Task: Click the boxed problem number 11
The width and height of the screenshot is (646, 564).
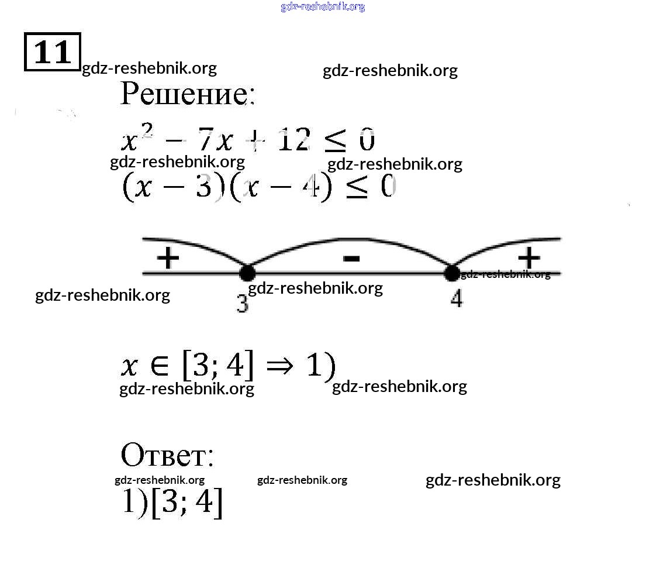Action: [52, 52]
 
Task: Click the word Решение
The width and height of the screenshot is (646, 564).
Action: [188, 94]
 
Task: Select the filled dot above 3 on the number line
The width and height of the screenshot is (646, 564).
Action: [247, 273]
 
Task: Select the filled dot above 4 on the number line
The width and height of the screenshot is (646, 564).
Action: [452, 273]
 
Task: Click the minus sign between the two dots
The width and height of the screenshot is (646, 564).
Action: [351, 259]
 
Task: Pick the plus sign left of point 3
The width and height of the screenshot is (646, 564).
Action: [168, 258]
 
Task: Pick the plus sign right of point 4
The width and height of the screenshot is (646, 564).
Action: [529, 258]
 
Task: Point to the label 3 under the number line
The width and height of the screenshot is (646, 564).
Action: [243, 304]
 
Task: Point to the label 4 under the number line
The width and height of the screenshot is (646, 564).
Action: [457, 298]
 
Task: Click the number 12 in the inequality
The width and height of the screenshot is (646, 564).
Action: [294, 139]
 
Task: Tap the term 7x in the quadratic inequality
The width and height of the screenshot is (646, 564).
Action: [216, 139]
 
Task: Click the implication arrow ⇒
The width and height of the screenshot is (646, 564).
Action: [280, 365]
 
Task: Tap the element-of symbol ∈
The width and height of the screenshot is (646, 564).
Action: [160, 365]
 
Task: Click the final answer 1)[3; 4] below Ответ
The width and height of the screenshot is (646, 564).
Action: [172, 503]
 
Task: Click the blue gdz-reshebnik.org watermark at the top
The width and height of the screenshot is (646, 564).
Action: [323, 6]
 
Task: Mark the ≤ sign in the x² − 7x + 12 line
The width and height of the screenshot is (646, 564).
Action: [335, 140]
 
